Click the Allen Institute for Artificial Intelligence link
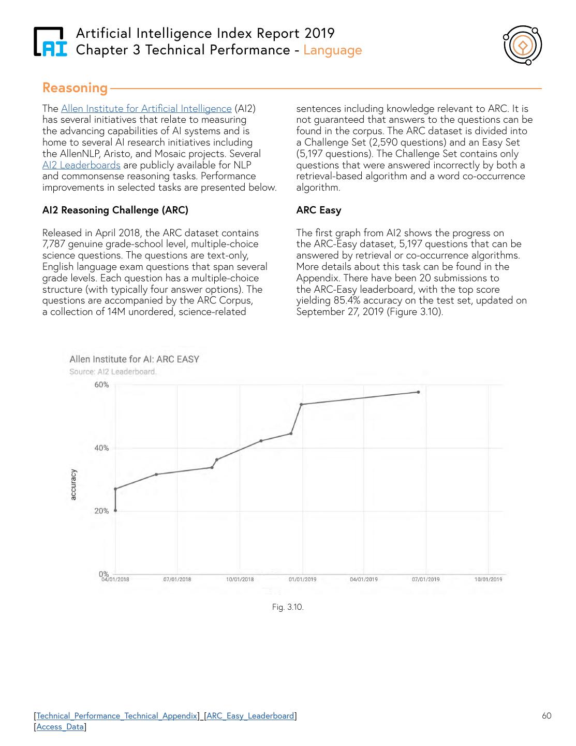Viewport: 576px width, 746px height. (146, 109)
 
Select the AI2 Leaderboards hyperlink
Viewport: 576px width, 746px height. (81, 165)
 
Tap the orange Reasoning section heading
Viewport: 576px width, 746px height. (75, 88)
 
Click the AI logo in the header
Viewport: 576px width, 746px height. (50, 41)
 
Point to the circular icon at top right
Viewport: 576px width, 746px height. (523, 46)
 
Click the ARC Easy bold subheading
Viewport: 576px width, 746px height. (318, 210)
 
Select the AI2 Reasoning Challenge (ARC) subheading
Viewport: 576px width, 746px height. (115, 210)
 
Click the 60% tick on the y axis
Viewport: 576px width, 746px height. (101, 385)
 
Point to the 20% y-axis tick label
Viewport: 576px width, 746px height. (101, 511)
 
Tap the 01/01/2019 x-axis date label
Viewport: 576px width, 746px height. (302, 579)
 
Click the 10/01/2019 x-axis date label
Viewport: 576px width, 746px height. (488, 579)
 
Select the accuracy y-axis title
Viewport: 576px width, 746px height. (73, 485)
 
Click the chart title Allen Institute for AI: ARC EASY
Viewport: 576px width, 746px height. (134, 359)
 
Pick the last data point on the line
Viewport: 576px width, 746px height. (418, 392)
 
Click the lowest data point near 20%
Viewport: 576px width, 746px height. (115, 510)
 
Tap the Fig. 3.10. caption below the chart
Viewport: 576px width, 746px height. (288, 607)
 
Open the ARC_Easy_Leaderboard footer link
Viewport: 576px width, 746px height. (250, 716)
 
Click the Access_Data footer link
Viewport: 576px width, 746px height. (60, 727)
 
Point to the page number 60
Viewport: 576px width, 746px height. (547, 716)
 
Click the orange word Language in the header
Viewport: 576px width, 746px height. (332, 50)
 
